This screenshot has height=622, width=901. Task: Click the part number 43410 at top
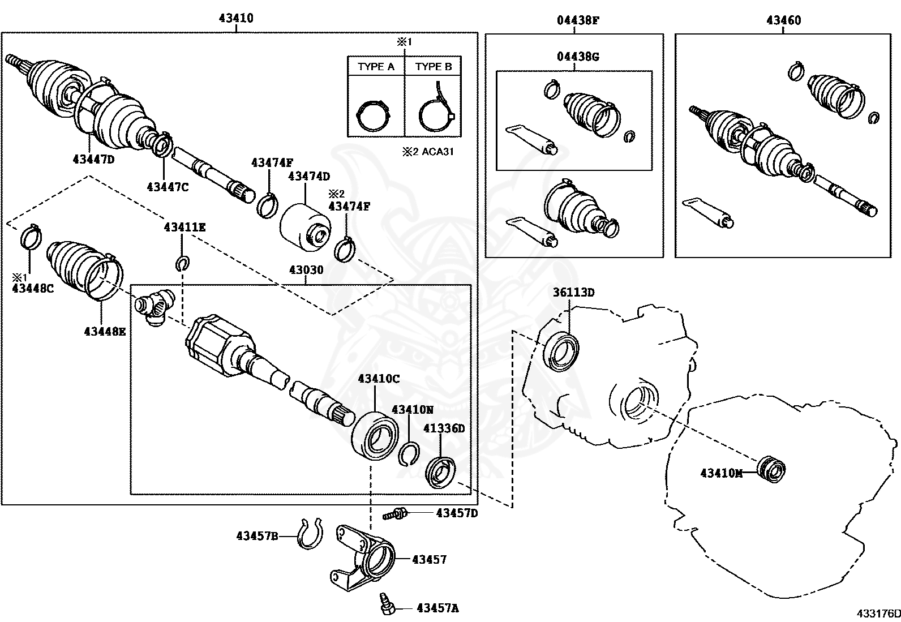pos(236,19)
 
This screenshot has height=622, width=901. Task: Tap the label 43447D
pos(93,160)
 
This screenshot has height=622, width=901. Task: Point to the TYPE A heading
pos(376,67)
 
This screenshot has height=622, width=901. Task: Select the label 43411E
pos(185,228)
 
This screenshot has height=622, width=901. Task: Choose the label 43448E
pos(105,332)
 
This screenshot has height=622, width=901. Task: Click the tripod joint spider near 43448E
pos(154,307)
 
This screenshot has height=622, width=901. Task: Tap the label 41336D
pos(444,428)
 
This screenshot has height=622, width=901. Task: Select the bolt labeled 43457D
pos(395,514)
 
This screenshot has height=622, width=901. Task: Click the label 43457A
pos(437,608)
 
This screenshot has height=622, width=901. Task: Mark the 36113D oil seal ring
pos(561,352)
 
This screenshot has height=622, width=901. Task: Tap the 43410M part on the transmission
pos(771,469)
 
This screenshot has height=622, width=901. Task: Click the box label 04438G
pos(578,57)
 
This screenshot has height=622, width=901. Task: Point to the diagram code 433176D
pos(877,614)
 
